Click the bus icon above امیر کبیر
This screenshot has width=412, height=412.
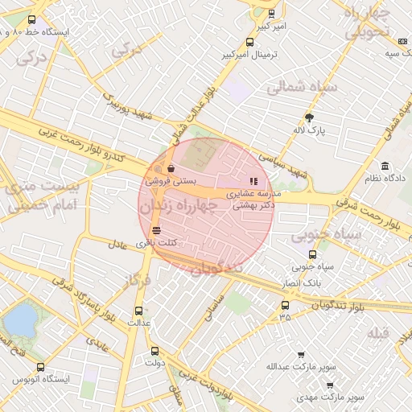pyautogui.click(x=271, y=13)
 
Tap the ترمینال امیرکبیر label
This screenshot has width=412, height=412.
pyautogui.click(x=250, y=56)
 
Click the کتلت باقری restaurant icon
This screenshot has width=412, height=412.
pyautogui.click(x=155, y=230)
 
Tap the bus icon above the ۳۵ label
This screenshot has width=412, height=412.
pyautogui.click(x=285, y=305)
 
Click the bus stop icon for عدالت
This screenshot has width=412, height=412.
pyautogui.click(x=138, y=310)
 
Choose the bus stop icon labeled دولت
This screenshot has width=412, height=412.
pyautogui.click(x=155, y=351)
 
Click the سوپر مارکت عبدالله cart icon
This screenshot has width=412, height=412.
pyautogui.click(x=301, y=355)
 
